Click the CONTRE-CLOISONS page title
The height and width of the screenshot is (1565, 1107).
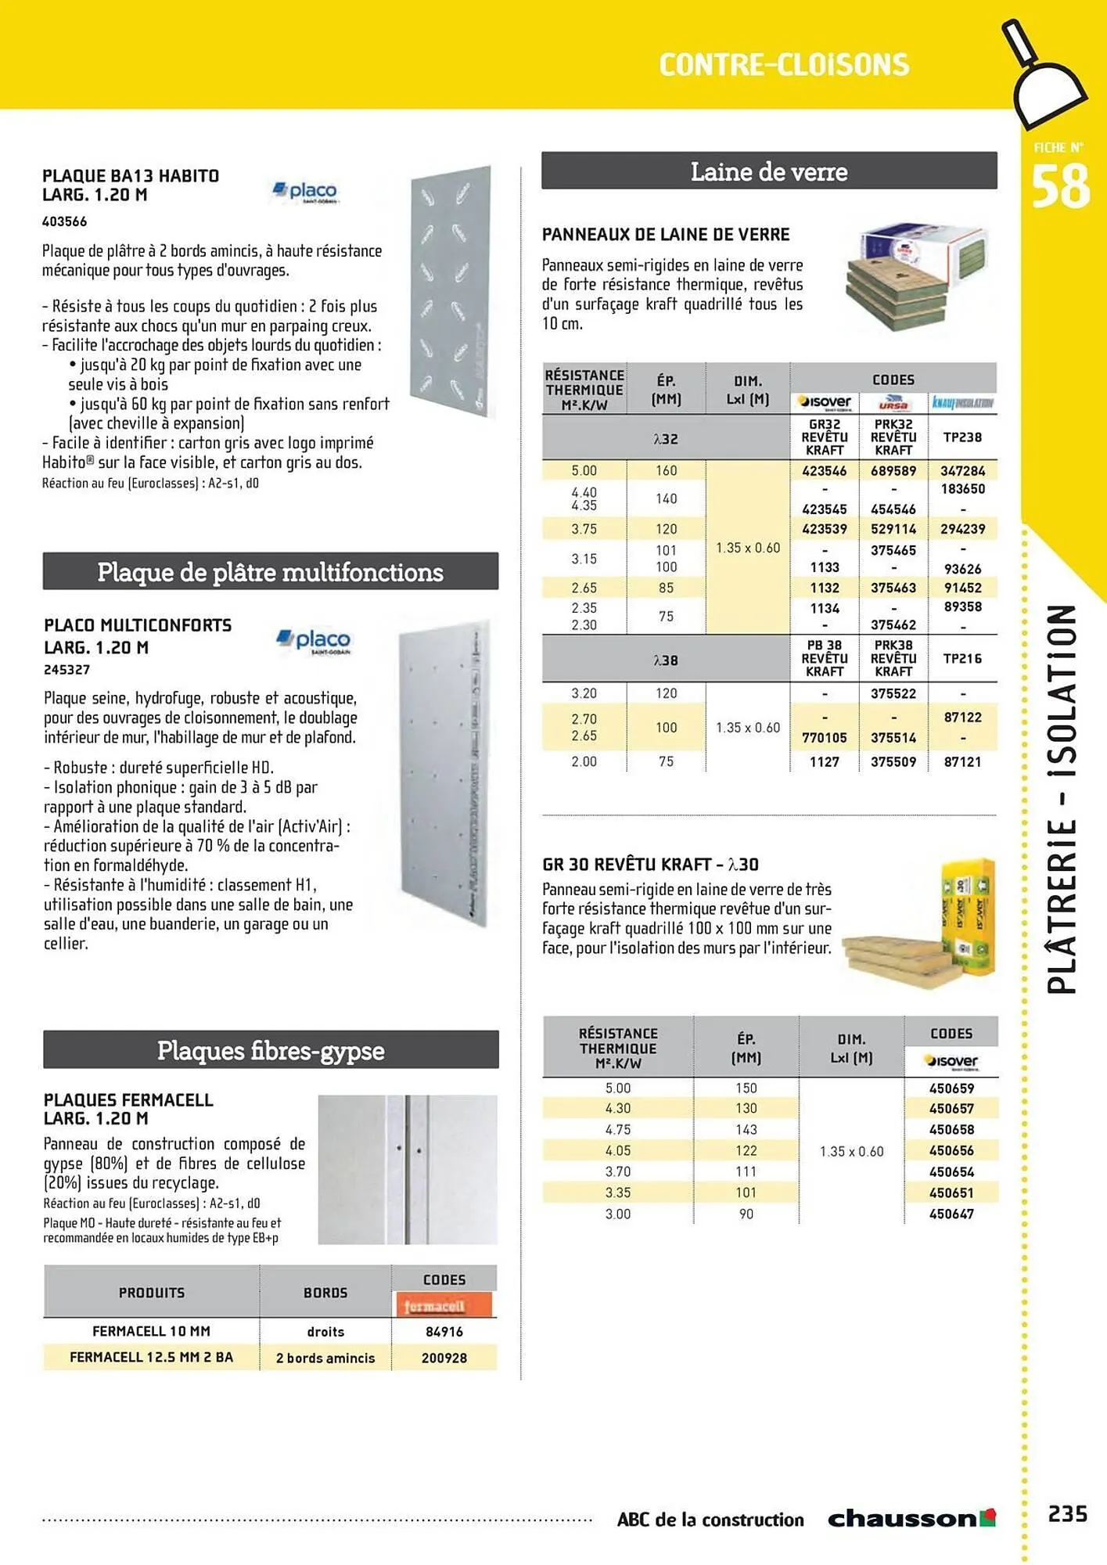pos(784,65)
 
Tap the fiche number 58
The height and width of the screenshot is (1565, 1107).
pos(1060,187)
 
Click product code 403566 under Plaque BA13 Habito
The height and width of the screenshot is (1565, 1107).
pos(64,221)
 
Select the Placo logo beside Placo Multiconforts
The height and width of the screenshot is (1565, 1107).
pos(314,641)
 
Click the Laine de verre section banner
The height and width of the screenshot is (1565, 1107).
pos(769,171)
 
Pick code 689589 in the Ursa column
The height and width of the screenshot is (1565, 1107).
pos(893,471)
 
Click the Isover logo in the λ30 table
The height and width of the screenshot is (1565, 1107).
pos(951,1061)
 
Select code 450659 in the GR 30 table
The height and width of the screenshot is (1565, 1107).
pos(951,1088)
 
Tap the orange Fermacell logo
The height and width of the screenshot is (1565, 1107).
pos(444,1305)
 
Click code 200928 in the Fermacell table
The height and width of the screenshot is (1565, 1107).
pos(444,1358)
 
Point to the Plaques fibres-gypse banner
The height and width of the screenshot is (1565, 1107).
pos(271,1050)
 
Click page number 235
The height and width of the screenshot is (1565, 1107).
pos(1067,1514)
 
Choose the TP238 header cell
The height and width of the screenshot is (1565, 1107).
pos(962,437)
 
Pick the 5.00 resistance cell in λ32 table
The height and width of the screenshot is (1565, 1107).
pos(584,471)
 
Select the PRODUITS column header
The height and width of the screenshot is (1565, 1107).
pos(151,1293)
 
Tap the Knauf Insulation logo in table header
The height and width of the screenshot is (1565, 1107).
pos(962,403)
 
